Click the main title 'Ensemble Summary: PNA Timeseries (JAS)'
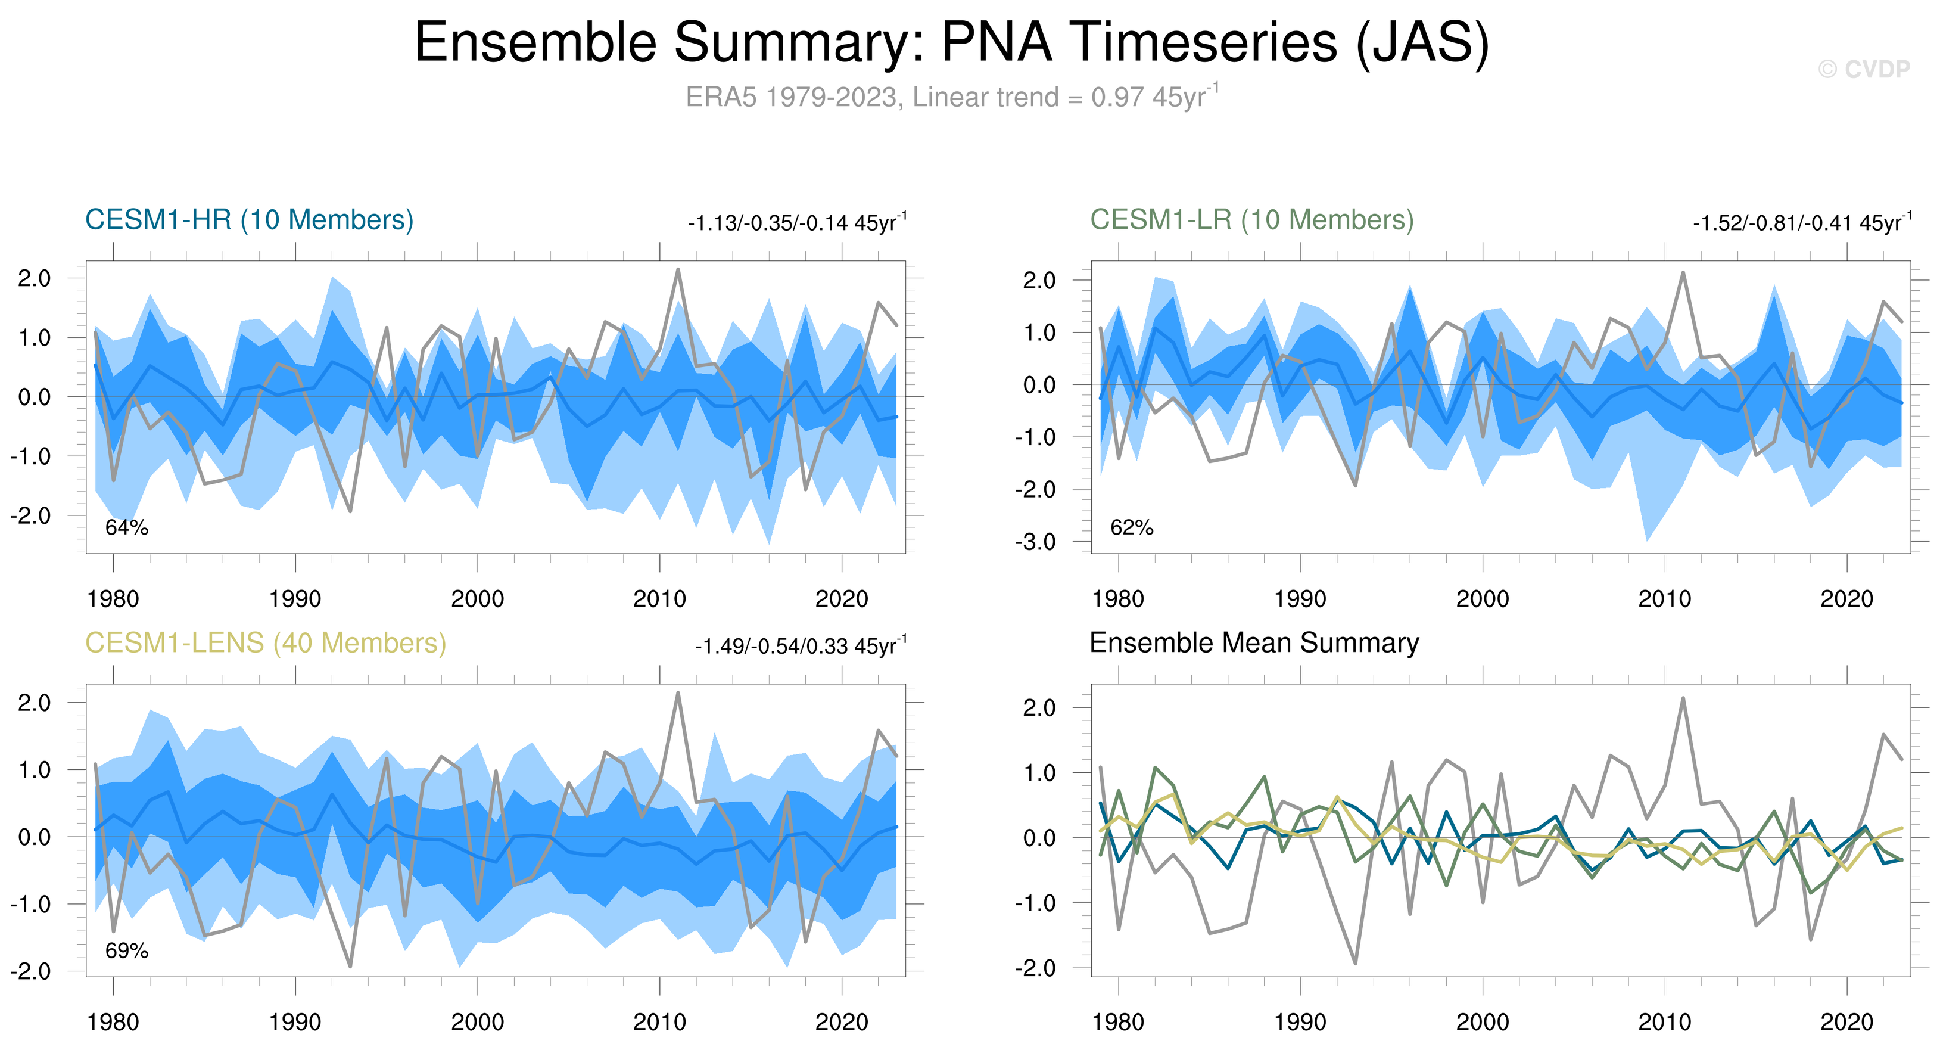(951, 42)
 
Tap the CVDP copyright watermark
(1863, 69)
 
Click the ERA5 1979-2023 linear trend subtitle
(951, 97)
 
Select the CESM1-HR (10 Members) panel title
(250, 220)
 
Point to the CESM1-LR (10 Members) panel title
(1251, 220)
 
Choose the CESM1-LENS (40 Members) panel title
(265, 643)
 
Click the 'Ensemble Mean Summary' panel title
(1254, 643)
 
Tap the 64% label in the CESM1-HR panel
(126, 528)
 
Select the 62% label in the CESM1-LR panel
(1131, 528)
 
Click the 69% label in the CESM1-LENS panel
(126, 951)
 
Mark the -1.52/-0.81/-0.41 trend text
(1801, 223)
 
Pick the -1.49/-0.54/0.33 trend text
(800, 647)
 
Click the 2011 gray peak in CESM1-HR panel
(678, 270)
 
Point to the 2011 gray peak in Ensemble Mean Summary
(1683, 698)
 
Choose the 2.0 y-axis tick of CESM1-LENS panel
(34, 703)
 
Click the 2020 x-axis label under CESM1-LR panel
(1846, 599)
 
